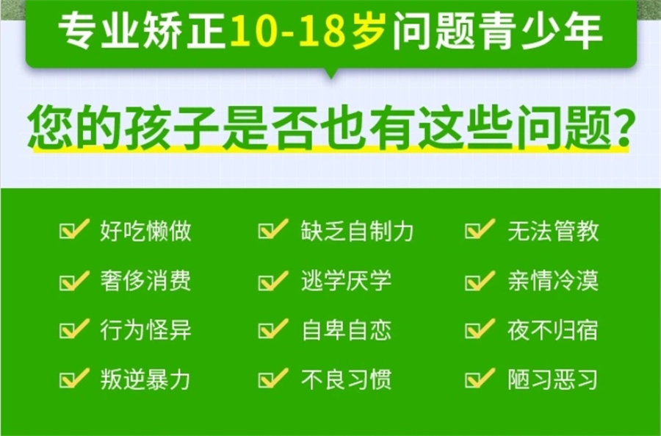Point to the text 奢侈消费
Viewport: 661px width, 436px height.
pyautogui.click(x=145, y=281)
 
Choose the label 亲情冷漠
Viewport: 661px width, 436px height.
pyautogui.click(x=552, y=281)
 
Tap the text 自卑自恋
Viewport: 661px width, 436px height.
pyautogui.click(x=346, y=330)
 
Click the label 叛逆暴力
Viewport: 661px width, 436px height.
pyautogui.click(x=145, y=379)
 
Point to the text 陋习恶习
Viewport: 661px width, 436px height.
pyautogui.click(x=552, y=379)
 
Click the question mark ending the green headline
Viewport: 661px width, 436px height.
pyautogui.click(x=620, y=126)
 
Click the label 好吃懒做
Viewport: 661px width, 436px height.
pyautogui.click(x=145, y=232)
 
